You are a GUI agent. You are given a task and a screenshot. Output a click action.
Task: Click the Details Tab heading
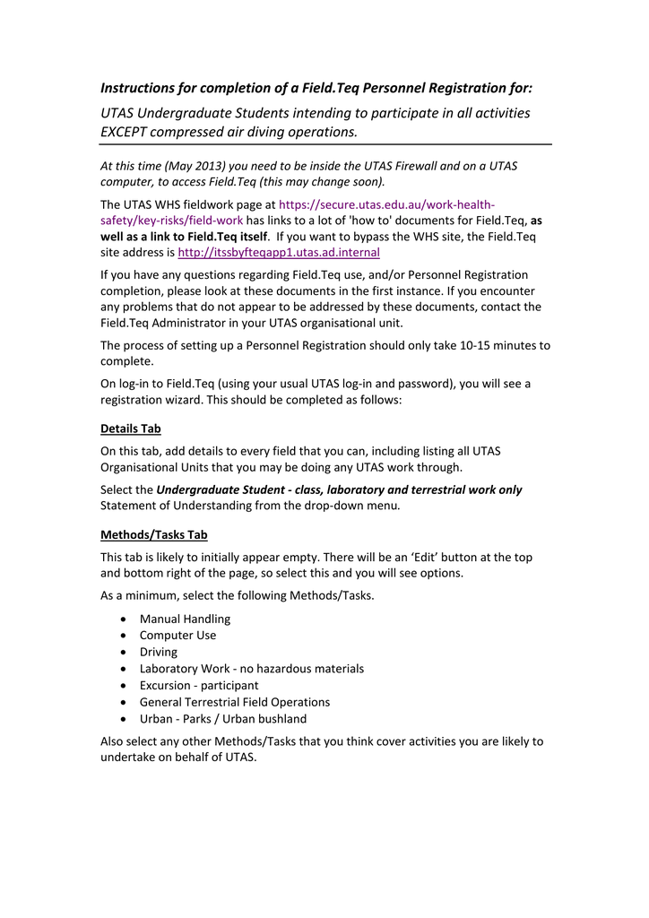[x=131, y=429]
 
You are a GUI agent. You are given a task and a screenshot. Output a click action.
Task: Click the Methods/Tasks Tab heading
[x=154, y=534]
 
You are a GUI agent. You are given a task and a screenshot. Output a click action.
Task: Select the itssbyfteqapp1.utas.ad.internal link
[x=279, y=252]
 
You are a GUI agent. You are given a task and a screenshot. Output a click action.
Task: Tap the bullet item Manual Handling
[x=185, y=619]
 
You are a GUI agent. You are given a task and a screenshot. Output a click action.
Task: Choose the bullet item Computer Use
[x=177, y=635]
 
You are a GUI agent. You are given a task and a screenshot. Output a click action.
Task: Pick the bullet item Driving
[x=159, y=652]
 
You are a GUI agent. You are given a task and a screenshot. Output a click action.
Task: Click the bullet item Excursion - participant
[x=199, y=685]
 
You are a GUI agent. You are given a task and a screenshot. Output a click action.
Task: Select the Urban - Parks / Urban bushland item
[x=222, y=718]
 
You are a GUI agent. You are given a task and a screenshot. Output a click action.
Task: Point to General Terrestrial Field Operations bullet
[x=235, y=702]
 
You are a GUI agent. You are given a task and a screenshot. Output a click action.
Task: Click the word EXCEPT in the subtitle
[x=129, y=132]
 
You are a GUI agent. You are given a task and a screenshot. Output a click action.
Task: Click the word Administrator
[x=186, y=323]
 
